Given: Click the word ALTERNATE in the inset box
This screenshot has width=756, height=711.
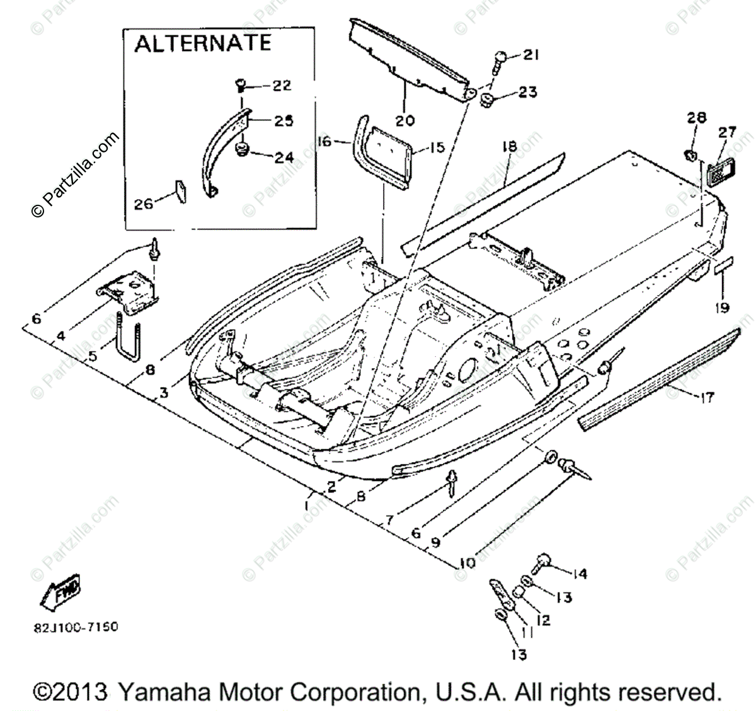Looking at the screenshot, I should (203, 43).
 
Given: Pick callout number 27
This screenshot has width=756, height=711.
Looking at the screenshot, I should (727, 132).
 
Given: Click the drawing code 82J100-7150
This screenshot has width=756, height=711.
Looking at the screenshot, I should (76, 628).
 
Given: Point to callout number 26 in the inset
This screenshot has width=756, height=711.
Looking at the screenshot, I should (144, 204).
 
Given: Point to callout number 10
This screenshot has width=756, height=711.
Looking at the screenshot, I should (467, 562).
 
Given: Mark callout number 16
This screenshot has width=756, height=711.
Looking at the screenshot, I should (324, 142).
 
